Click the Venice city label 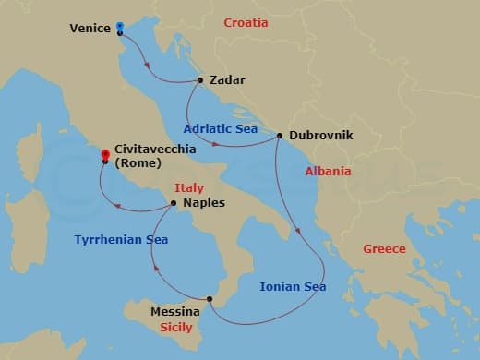[90, 28]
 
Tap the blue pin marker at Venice [120, 27]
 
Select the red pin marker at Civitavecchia [105, 154]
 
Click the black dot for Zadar [200, 80]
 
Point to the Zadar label [227, 80]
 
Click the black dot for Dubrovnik [279, 136]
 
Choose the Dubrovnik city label [321, 136]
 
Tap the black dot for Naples [174, 203]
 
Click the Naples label [204, 203]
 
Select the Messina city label [174, 312]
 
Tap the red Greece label [384, 247]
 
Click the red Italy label [189, 188]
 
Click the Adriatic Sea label [221, 128]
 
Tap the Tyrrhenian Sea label [121, 239]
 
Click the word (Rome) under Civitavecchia [138, 163]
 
